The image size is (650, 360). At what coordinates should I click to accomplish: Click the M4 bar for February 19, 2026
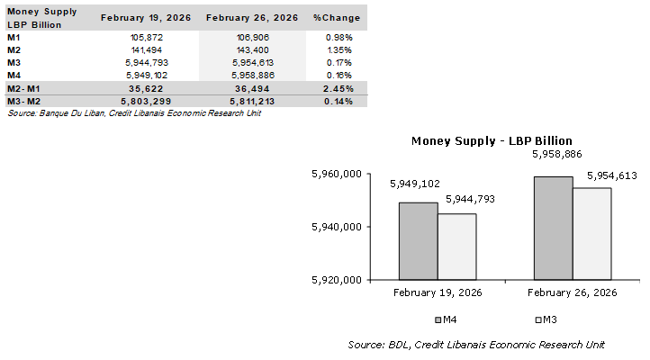419,240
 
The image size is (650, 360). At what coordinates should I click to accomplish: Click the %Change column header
337,17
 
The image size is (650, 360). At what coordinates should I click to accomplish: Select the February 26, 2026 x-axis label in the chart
572,292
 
